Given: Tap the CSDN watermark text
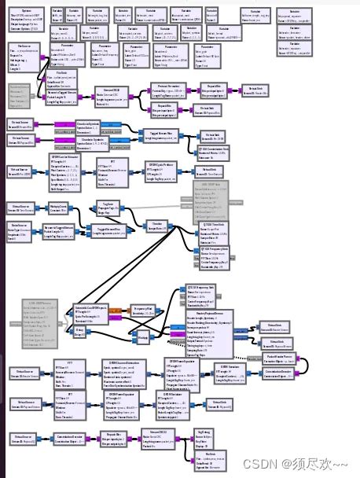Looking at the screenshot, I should click(x=307, y=465).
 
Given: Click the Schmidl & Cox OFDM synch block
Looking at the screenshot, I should click(x=94, y=314).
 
